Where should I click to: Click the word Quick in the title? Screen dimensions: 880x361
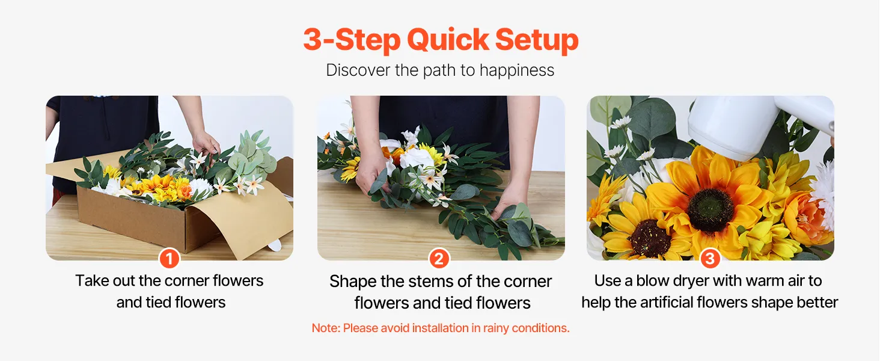(x=448, y=40)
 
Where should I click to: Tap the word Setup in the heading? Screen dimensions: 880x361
(x=537, y=40)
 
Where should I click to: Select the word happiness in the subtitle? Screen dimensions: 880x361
(x=516, y=70)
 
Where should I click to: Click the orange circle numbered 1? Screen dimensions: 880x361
(x=170, y=259)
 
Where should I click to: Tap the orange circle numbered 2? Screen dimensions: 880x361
(x=439, y=259)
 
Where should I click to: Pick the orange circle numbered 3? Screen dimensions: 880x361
(x=710, y=259)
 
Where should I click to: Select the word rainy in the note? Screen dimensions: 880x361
(x=496, y=329)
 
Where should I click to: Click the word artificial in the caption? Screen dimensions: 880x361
(x=694, y=303)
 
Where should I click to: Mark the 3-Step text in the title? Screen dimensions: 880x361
(x=352, y=40)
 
